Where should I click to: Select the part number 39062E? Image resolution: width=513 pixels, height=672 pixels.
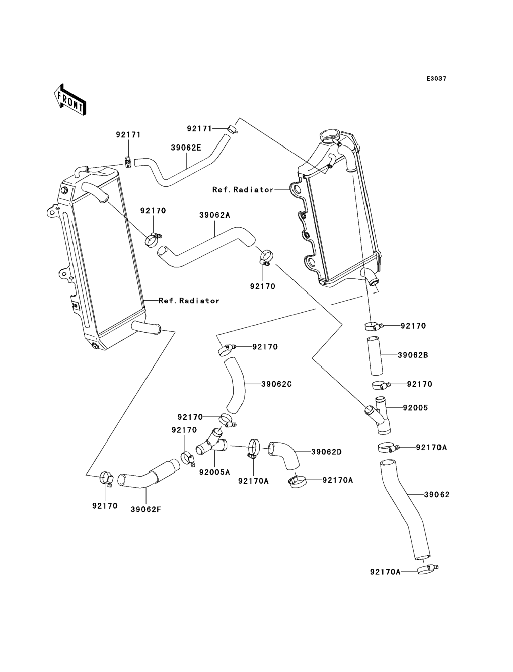coord(186,148)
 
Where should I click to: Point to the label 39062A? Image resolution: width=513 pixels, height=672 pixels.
coord(215,215)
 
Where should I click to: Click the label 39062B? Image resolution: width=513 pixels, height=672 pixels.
coord(413,355)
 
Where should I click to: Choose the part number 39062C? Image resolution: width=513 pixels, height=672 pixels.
coord(276,384)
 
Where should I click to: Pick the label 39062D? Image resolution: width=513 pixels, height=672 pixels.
coord(326,452)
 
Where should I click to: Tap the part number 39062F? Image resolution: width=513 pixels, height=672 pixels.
coord(146,509)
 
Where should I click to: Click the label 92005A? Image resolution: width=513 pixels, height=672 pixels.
coord(214,472)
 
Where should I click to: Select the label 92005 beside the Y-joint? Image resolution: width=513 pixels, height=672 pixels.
coord(415,407)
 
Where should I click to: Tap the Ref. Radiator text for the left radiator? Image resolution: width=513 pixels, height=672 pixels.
coord(189,301)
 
